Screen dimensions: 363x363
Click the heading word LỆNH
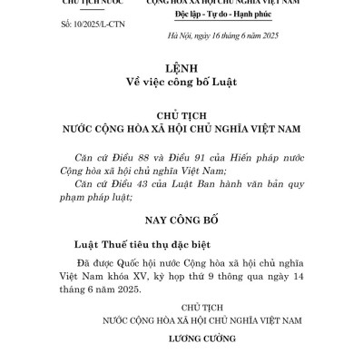point(181,68)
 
